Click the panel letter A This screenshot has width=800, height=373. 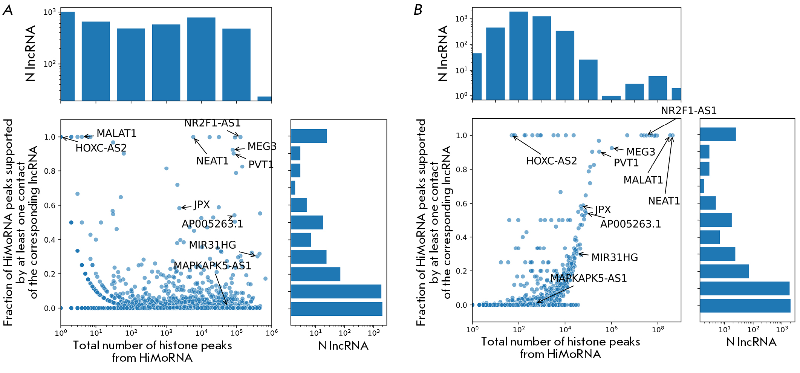pos(8,10)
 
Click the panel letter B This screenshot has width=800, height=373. pos(418,10)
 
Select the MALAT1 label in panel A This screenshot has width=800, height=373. pos(116,133)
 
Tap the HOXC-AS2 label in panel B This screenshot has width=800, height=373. pos(551,161)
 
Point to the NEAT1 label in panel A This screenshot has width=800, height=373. pos(212,161)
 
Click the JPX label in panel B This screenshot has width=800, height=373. pos(603,209)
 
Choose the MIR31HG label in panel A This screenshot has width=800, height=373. pos(213,245)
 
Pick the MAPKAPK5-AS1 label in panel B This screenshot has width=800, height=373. pos(588,278)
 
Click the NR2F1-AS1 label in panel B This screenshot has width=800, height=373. pos(688,111)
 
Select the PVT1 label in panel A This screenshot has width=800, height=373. pos(261,164)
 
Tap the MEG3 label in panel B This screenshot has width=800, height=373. pos(641,152)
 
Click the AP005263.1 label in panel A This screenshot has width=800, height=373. pos(212,224)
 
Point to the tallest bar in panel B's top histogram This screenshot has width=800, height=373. pos(519,55)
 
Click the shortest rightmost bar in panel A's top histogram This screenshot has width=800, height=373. pos(265,99)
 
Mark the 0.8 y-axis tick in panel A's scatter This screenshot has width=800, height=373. pos(50,171)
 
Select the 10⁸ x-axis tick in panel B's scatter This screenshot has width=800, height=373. pos(658,330)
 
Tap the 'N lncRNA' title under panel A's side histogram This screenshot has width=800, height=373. pos(343,345)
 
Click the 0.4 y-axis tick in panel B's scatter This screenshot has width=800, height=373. pos(461,237)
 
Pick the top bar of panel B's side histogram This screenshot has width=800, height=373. pos(717,135)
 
